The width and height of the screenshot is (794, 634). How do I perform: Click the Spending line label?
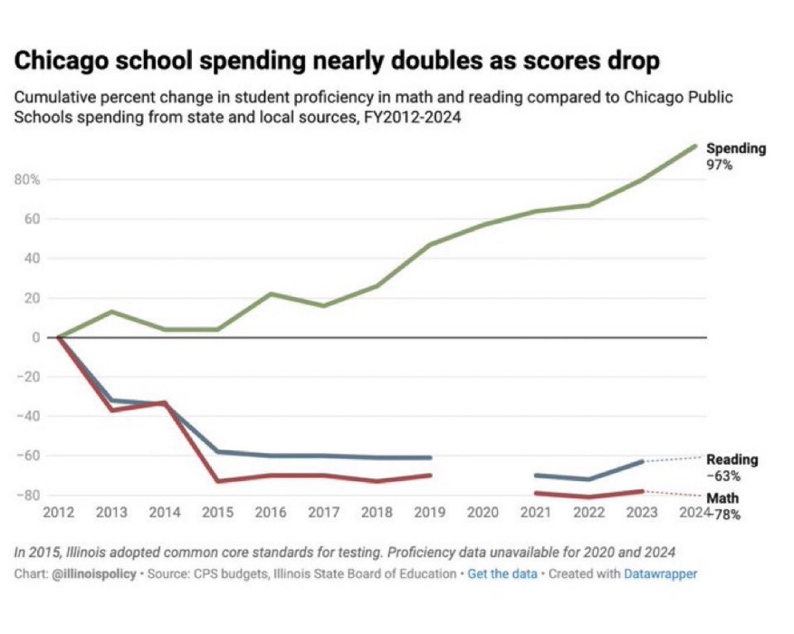736,149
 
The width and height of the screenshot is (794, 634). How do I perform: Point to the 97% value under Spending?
719,164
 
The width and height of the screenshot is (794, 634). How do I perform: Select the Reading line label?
732,460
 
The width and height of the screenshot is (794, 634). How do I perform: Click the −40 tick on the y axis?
28,416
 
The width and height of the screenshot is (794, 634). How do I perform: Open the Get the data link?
502,574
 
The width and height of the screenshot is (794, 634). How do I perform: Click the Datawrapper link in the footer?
660,574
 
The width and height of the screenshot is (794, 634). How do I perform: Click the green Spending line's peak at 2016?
272,294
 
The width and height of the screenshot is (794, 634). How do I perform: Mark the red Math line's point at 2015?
219,480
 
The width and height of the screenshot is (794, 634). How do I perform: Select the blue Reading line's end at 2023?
642,462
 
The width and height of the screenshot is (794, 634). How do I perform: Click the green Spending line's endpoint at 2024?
695,145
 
